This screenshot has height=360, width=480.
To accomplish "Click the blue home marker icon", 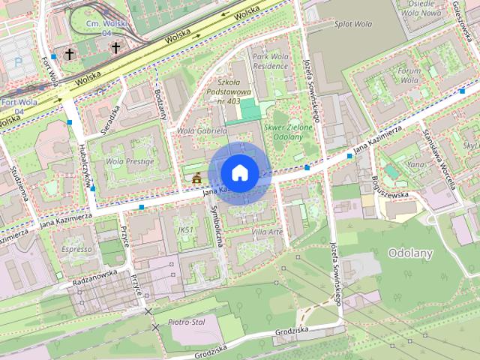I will point(239,172).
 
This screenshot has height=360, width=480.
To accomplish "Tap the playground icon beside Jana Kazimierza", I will point(197,178).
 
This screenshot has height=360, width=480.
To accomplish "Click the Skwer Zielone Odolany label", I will point(287,126).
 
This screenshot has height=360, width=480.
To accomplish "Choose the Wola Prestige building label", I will point(130,161).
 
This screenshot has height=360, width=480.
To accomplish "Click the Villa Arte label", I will point(267,232).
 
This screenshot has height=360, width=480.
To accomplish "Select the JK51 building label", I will point(186,229).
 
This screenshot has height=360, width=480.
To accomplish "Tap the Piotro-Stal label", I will point(187,322).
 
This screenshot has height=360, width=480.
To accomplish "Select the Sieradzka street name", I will point(111,115).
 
